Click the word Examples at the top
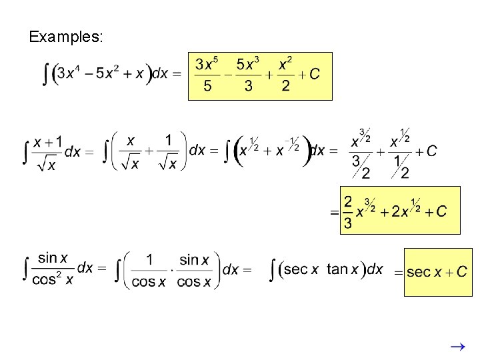(65, 37)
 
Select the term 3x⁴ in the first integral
(69, 73)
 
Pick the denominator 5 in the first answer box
(207, 86)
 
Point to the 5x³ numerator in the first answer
(249, 65)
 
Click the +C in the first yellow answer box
(309, 74)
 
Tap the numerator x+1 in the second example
(48, 141)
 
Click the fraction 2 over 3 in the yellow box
(347, 212)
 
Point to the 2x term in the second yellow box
(401, 211)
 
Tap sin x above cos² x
(53, 258)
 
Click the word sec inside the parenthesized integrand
(295, 269)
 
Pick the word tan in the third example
(338, 269)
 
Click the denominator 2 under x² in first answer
(285, 86)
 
